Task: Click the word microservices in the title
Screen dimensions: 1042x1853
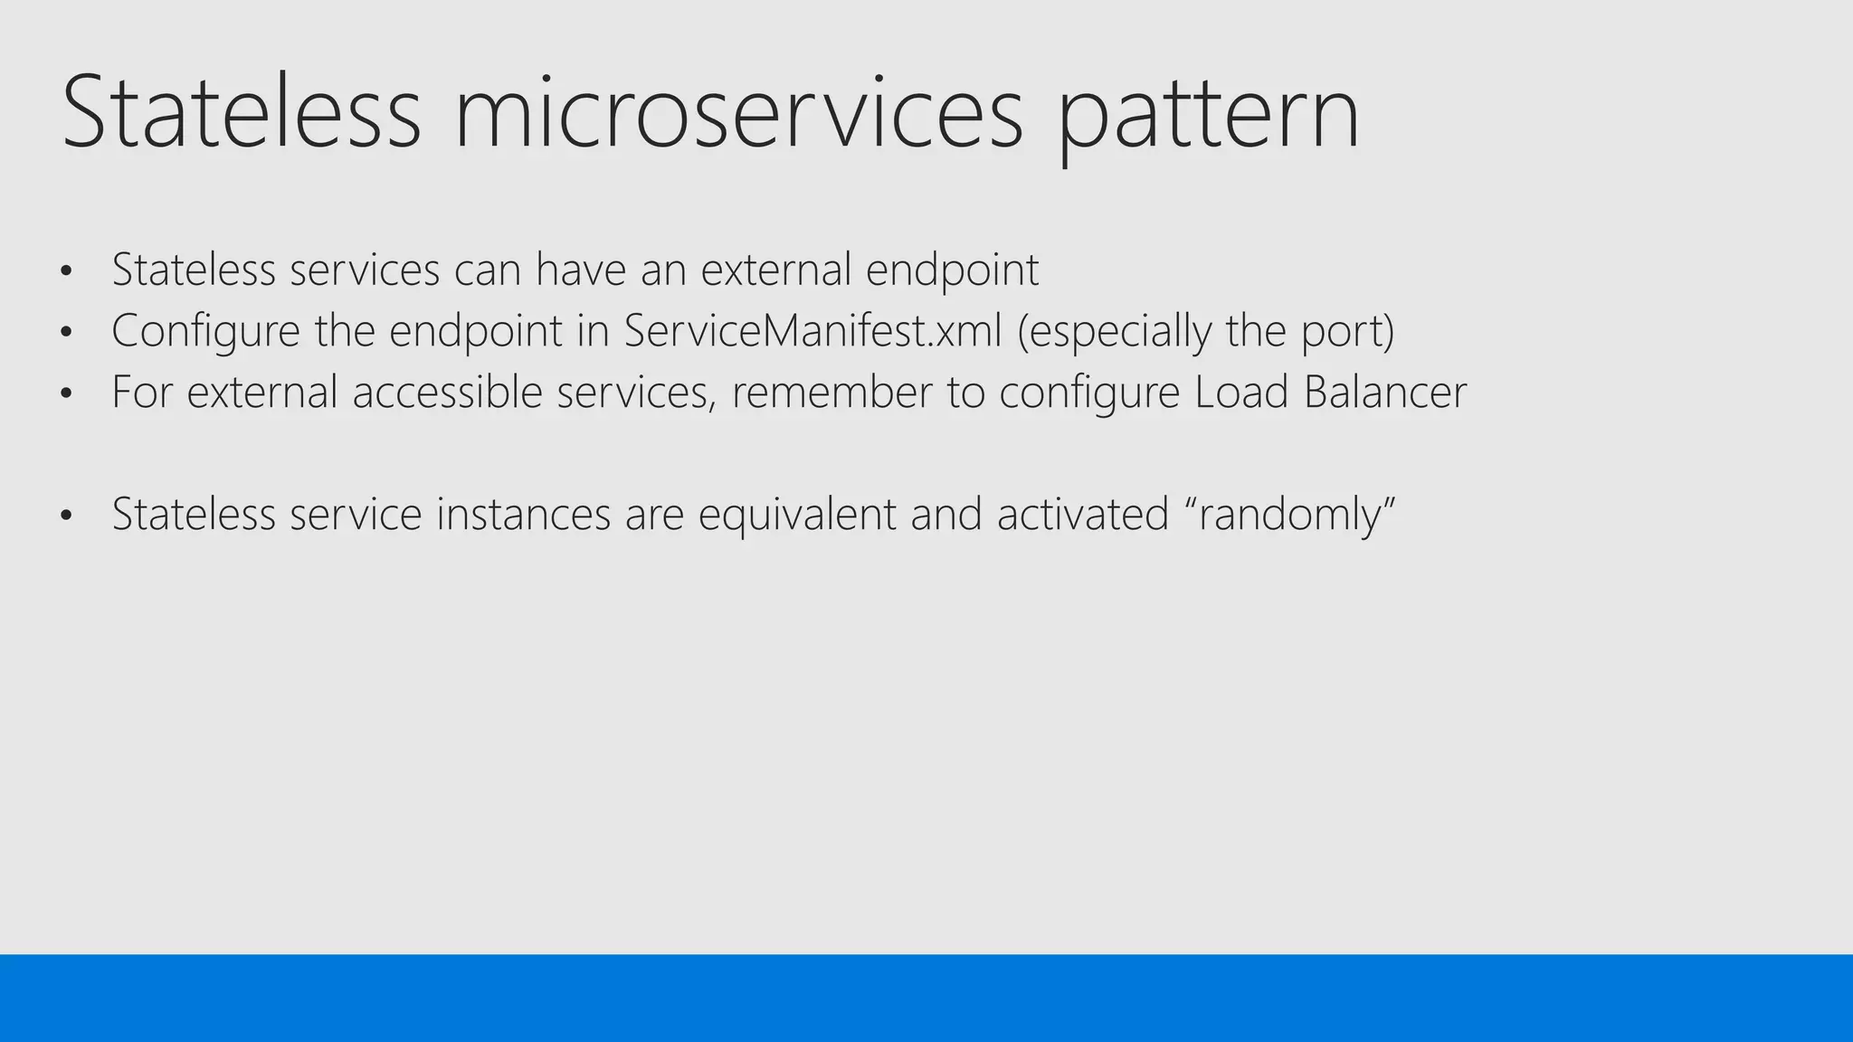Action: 738,113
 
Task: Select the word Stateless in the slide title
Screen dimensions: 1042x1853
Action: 241,113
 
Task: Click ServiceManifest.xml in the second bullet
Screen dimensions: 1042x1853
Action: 812,330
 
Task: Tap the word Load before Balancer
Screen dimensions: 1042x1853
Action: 1240,392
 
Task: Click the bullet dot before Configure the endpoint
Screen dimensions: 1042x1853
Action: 65,333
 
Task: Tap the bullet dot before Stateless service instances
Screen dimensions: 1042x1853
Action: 65,516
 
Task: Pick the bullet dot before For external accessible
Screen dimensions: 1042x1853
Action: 65,394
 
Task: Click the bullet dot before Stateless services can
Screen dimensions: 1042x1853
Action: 65,271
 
